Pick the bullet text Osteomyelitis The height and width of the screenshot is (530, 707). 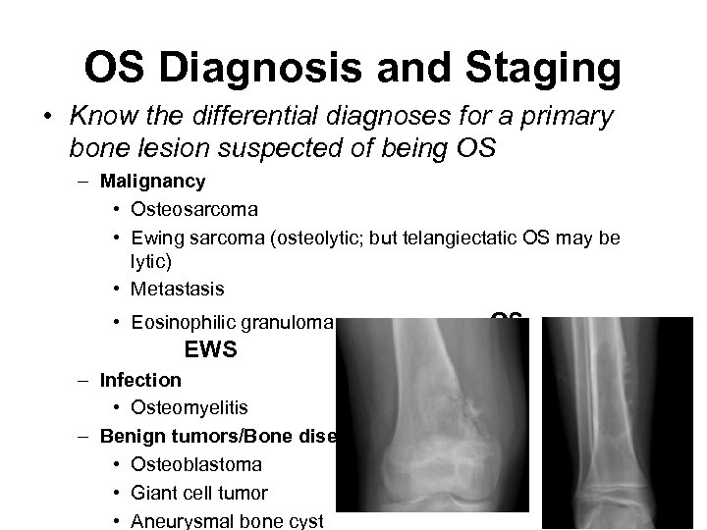187,407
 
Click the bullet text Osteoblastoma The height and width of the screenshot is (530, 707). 190,463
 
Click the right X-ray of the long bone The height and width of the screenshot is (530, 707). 619,422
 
